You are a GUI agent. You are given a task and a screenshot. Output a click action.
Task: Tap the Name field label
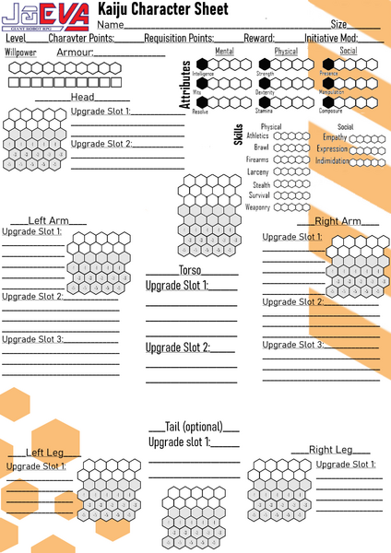click(x=111, y=23)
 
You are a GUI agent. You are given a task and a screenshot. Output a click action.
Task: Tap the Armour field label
click(x=75, y=54)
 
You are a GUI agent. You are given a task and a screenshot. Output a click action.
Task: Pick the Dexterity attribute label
click(x=266, y=92)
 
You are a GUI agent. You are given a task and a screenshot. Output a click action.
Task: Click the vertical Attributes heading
click(x=185, y=87)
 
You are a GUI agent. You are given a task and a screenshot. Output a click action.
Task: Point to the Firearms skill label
click(x=256, y=159)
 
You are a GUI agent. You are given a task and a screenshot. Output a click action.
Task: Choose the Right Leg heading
click(x=330, y=450)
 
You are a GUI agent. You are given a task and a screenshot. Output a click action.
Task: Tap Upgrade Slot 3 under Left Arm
click(x=32, y=339)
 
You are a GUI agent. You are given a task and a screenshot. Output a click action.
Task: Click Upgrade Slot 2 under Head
click(x=101, y=144)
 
